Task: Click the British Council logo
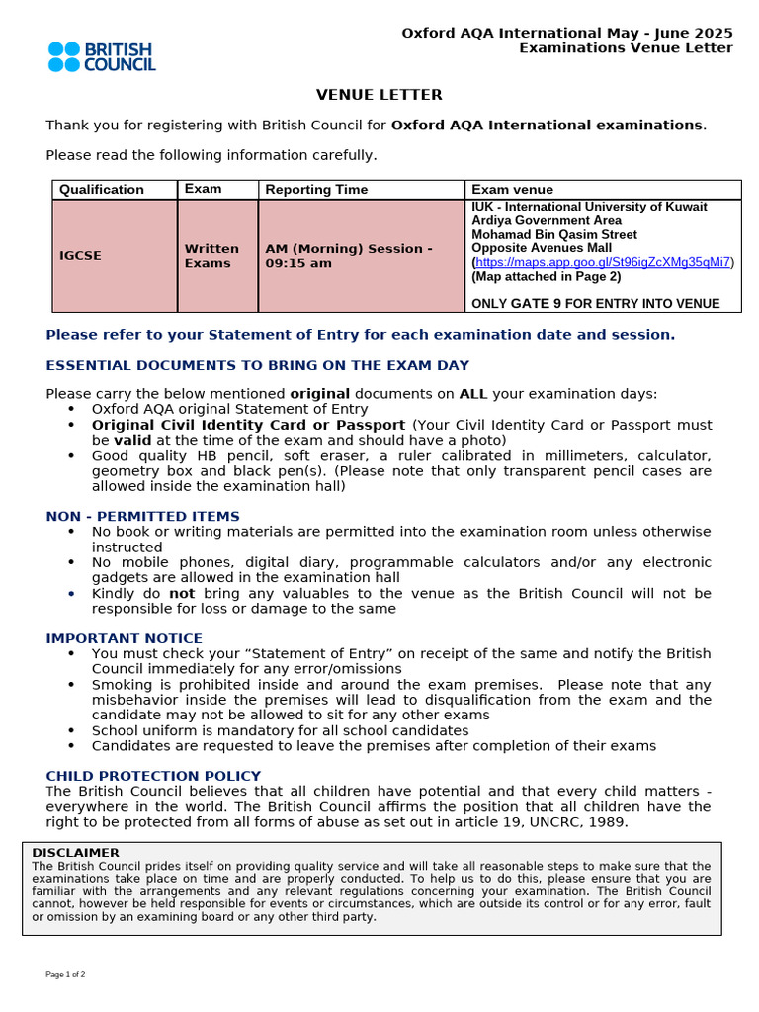click(x=101, y=56)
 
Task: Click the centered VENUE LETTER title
click(x=379, y=95)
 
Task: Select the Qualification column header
click(x=102, y=190)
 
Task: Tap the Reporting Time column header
click(x=316, y=190)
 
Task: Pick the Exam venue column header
click(x=512, y=190)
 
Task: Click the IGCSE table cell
click(x=80, y=256)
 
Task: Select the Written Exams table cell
click(x=211, y=256)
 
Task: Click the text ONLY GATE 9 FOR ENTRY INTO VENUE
click(x=595, y=303)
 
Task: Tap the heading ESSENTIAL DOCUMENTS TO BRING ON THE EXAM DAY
click(x=257, y=366)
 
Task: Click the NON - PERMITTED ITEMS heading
click(x=142, y=517)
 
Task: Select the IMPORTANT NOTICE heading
click(x=124, y=638)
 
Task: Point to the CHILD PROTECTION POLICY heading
click(x=153, y=776)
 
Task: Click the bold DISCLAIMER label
click(x=75, y=852)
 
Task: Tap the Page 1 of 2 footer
click(x=65, y=974)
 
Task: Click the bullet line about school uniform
click(x=280, y=730)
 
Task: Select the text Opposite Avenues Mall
click(x=542, y=248)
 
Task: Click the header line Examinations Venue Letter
click(x=626, y=48)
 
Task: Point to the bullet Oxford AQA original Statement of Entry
click(x=229, y=409)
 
